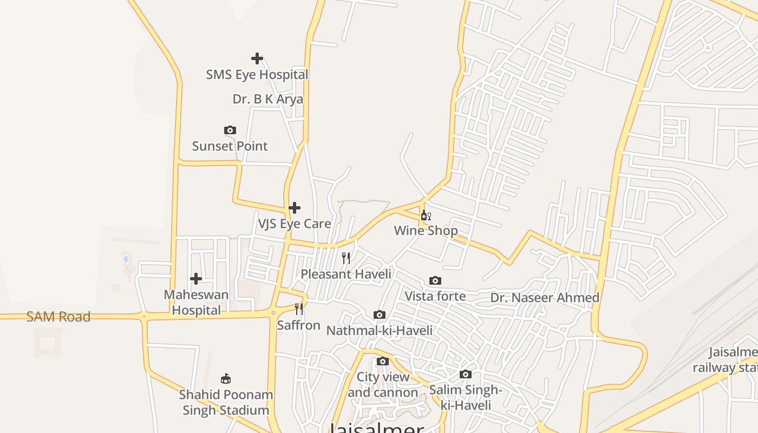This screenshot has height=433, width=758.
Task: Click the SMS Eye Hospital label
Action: click(257, 75)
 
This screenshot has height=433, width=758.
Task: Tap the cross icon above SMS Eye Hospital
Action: click(257, 58)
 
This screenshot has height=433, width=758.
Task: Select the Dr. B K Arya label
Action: click(267, 100)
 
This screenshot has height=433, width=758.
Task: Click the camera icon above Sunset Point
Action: click(230, 130)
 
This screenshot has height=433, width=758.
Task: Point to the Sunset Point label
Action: click(230, 146)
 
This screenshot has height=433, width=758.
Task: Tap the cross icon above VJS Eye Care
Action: click(295, 208)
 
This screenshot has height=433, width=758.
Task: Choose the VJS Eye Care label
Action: click(295, 224)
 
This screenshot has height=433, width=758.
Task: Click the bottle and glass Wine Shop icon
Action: click(426, 215)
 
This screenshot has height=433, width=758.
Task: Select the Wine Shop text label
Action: click(426, 231)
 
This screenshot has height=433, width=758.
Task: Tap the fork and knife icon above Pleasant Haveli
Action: click(346, 258)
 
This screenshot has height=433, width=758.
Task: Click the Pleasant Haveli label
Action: click(346, 274)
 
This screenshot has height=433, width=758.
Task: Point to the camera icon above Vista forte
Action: click(435, 280)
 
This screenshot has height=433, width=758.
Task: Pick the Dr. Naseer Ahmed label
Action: click(545, 298)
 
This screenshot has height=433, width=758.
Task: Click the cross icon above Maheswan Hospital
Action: click(196, 279)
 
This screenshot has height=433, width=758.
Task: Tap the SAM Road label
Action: click(58, 317)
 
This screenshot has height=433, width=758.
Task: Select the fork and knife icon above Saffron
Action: click(299, 309)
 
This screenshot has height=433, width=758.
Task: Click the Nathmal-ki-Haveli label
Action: click(380, 330)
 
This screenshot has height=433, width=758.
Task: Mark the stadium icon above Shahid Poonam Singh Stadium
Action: click(226, 379)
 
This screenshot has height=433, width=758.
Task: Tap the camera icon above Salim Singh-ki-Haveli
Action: click(466, 374)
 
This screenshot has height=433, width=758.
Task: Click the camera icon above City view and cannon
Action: click(383, 361)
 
